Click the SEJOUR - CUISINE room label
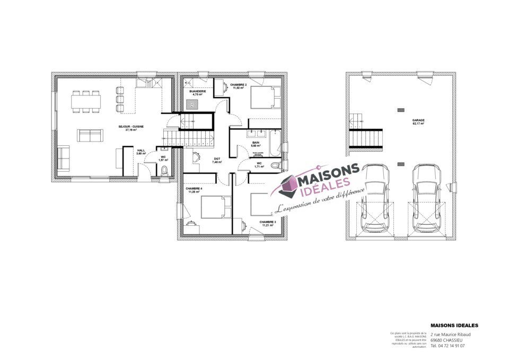coord(135,127)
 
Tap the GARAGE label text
coord(418,120)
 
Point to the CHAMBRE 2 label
coord(239,84)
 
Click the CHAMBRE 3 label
coord(267,222)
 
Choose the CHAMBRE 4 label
coord(194,188)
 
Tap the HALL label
coord(141,151)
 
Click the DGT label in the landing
coord(217,159)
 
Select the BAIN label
coord(256,143)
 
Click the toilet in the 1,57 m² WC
coord(164,170)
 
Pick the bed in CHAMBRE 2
coord(262,98)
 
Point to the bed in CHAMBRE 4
coord(215,206)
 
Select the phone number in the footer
coord(448,345)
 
